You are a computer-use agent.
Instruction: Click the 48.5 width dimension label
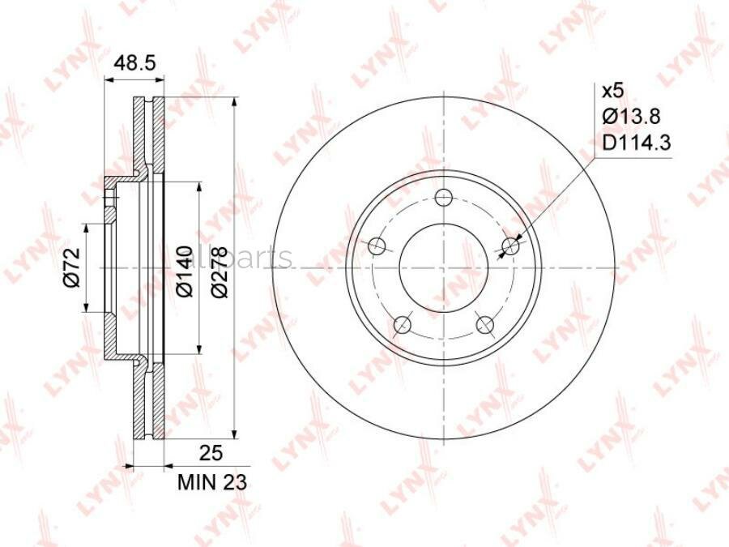pyautogui.click(x=134, y=62)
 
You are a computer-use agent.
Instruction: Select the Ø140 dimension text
pyautogui.click(x=185, y=271)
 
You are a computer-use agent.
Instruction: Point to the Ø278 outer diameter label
pyautogui.click(x=219, y=271)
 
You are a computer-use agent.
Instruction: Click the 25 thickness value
pyautogui.click(x=211, y=452)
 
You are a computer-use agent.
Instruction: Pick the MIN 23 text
pyautogui.click(x=212, y=482)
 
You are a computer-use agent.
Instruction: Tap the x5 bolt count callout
pyautogui.click(x=612, y=91)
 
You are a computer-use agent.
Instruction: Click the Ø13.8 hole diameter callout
pyautogui.click(x=631, y=116)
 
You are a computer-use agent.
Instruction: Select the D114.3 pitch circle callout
pyautogui.click(x=637, y=143)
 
